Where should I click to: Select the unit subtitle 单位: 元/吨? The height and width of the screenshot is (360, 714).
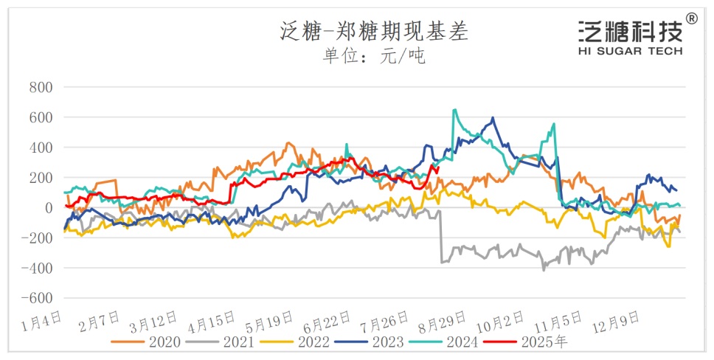click(x=374, y=56)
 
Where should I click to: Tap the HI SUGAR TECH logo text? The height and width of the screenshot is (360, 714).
click(x=631, y=51)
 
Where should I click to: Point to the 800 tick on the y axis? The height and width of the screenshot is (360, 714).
click(x=41, y=87)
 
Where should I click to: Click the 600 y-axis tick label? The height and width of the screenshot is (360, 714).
click(x=41, y=117)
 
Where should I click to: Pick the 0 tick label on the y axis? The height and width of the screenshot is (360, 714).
click(x=49, y=208)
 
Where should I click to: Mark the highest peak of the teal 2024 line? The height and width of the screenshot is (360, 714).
click(x=454, y=110)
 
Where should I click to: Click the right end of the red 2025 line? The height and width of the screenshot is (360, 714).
click(x=439, y=167)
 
